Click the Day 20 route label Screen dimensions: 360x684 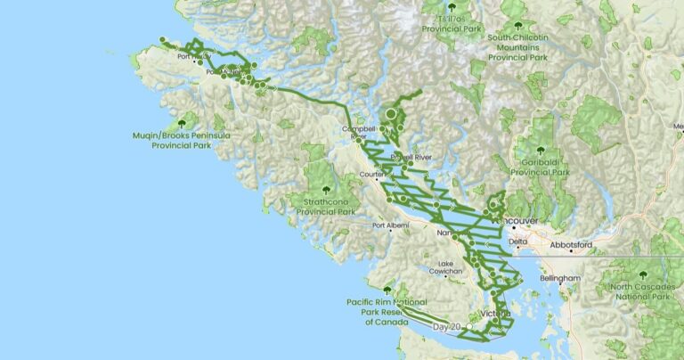pyautogui.click(x=447, y=327)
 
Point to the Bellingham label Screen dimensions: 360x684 pyautogui.click(x=559, y=279)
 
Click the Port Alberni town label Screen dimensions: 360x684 pyautogui.click(x=390, y=225)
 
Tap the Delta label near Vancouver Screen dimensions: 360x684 pyautogui.click(x=518, y=241)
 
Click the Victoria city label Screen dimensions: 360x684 pyautogui.click(x=494, y=314)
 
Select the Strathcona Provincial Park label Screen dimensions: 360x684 pyautogui.click(x=325, y=207)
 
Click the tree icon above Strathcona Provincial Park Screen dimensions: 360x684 pyautogui.click(x=325, y=189)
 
